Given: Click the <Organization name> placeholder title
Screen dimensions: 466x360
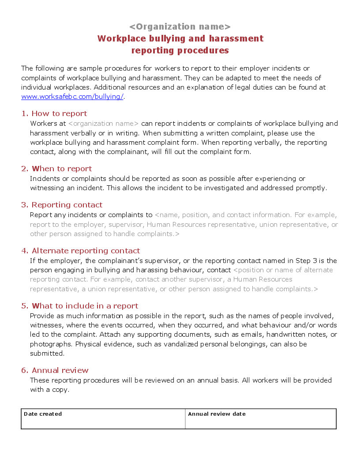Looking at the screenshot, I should (180, 26).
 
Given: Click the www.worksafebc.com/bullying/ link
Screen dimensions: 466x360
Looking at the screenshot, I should (72, 97).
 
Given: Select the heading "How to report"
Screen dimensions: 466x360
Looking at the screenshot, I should (59, 113).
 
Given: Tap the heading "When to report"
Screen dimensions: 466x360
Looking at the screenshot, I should (62, 169).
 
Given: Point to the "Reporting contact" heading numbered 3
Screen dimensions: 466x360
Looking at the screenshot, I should (67, 205).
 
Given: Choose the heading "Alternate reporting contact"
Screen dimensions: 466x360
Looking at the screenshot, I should (86, 251).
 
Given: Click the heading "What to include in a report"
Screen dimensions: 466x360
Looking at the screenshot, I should (85, 306).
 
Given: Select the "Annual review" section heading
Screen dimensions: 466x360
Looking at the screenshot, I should (60, 370).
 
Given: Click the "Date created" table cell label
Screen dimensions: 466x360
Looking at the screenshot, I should (43, 414).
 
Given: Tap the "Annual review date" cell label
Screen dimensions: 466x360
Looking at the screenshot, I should (217, 414).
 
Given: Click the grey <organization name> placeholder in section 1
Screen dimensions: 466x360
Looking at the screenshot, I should (104, 124).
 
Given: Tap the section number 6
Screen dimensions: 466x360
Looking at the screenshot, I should (24, 370).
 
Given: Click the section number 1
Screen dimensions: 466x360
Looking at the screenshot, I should (24, 113).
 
